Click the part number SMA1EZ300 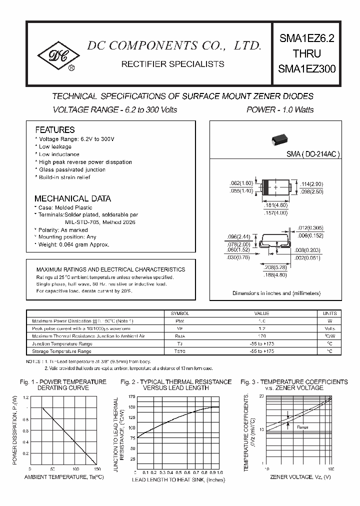[307, 70]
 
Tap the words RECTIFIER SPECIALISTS [173, 64]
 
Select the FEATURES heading [55, 129]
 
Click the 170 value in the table [261, 336]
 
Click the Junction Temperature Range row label [62, 344]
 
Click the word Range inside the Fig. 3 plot [302, 427]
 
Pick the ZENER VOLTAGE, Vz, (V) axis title [300, 477]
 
